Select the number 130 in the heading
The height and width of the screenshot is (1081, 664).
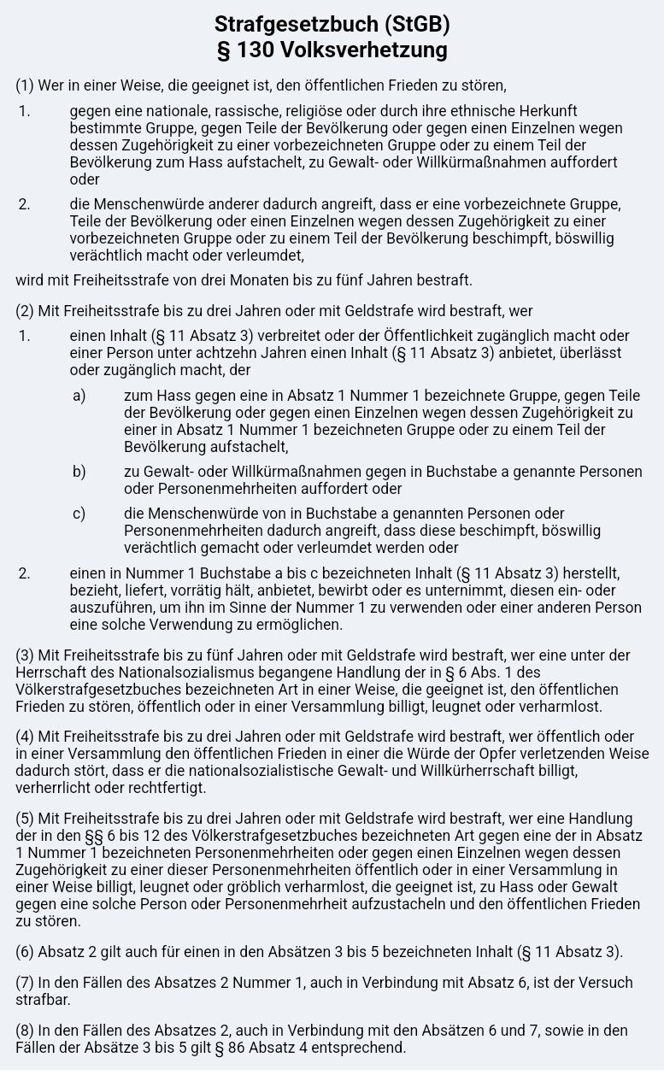click(256, 50)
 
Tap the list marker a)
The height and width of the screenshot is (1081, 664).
click(79, 396)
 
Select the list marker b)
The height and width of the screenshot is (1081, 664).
click(79, 472)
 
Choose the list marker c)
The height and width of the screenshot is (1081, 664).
click(79, 514)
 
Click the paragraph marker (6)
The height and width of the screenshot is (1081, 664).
click(26, 952)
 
